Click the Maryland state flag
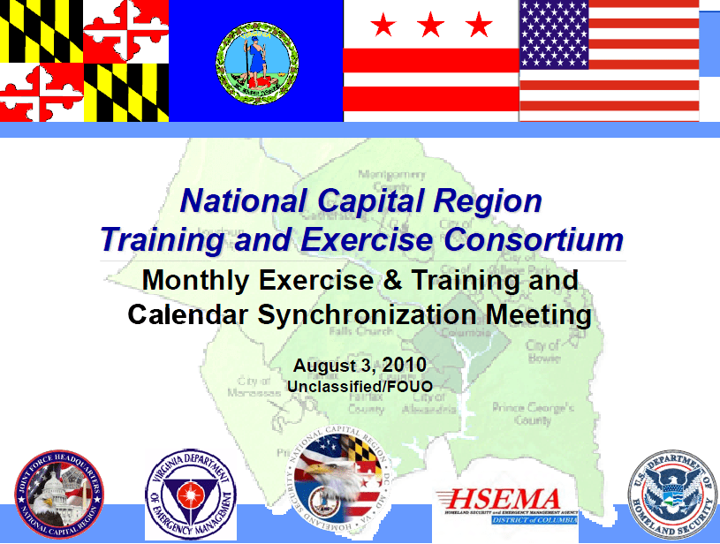coord(84,60)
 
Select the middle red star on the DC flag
coord(430,25)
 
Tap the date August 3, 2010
coord(360,365)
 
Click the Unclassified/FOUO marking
coord(360,386)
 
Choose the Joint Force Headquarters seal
coord(58,495)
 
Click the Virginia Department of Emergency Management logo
coord(191,494)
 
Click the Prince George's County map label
coord(533,414)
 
